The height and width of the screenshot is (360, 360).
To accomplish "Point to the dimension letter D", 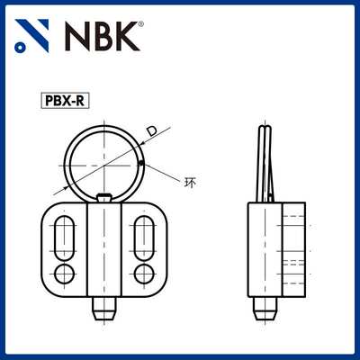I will coord(151,133).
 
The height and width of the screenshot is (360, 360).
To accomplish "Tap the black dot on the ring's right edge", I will coord(142,163).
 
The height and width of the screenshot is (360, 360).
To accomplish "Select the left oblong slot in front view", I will coord(65,238).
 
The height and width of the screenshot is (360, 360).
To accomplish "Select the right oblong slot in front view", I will coord(144,238).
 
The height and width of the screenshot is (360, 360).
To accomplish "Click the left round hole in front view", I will coord(65,273).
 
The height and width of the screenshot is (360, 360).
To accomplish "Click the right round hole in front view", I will coord(144,273).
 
